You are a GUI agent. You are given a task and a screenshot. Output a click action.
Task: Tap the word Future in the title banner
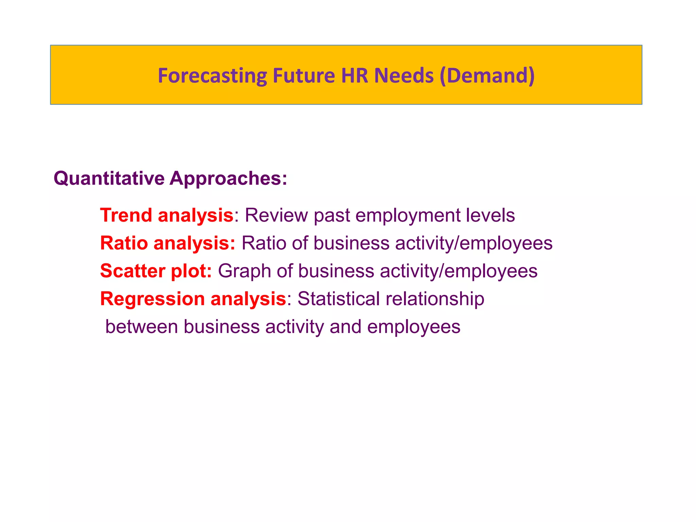click(304, 75)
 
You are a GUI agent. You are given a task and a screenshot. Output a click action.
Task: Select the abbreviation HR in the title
click(355, 75)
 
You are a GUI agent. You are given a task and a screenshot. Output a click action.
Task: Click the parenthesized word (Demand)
click(487, 75)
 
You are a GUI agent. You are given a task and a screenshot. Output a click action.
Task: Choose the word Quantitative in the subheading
click(109, 178)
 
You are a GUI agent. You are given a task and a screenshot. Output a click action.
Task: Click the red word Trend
click(126, 215)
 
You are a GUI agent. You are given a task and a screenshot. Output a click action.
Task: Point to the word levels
click(490, 215)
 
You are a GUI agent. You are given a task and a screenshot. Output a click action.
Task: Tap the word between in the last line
click(142, 327)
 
